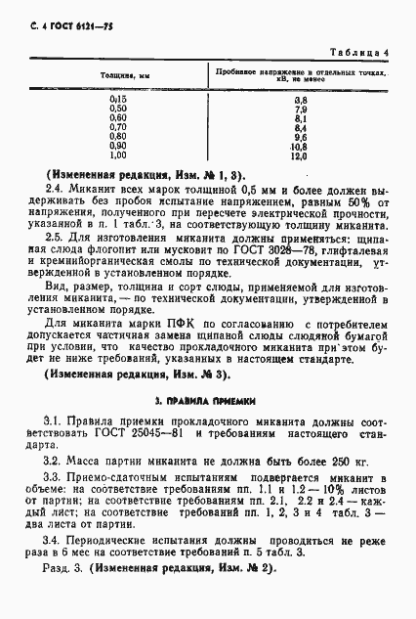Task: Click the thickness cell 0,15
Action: pyautogui.click(x=118, y=100)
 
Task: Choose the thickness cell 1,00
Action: pyautogui.click(x=118, y=155)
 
